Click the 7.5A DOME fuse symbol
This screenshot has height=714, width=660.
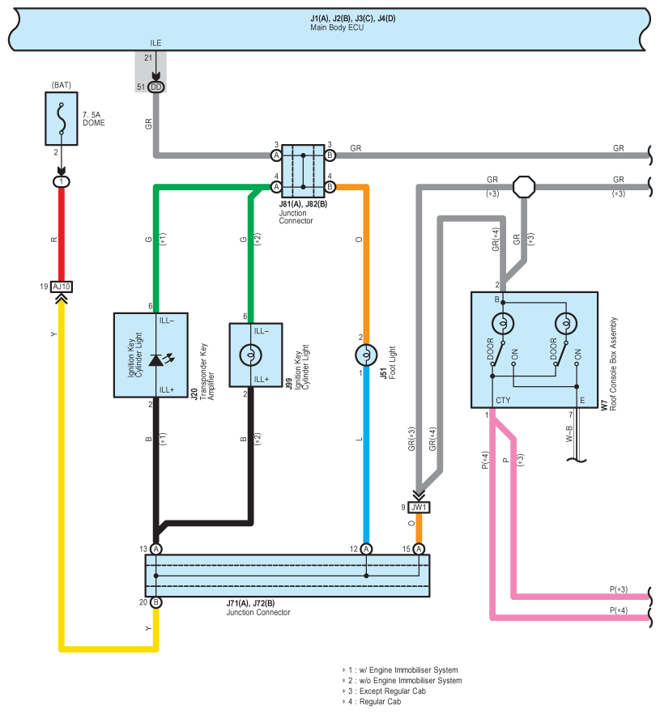pos(62,119)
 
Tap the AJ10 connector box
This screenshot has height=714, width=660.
pos(62,287)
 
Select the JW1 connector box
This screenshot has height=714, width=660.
pos(419,508)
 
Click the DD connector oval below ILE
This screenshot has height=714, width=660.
pos(155,87)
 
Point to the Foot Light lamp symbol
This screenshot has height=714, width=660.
pos(366,355)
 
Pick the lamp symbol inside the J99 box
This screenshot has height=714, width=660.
pos(250,355)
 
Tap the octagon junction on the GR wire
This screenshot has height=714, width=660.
pos(524,187)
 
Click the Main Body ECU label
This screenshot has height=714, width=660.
pos(337,28)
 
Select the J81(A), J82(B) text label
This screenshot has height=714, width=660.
pos(304,204)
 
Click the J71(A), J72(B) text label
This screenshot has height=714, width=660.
pos(250,603)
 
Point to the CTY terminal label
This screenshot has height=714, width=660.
pos(503,400)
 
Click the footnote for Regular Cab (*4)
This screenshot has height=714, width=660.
pos(372,702)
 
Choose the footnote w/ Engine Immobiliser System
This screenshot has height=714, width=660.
pos(400,669)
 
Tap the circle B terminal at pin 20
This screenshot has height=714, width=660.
pos(155,602)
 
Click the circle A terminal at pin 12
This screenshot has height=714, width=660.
pos(366,549)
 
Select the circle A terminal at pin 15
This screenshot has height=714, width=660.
pos(419,549)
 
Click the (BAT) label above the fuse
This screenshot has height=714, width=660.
pos(62,85)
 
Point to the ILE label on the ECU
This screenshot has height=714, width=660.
pos(155,43)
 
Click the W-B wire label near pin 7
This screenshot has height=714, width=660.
pos(569,434)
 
